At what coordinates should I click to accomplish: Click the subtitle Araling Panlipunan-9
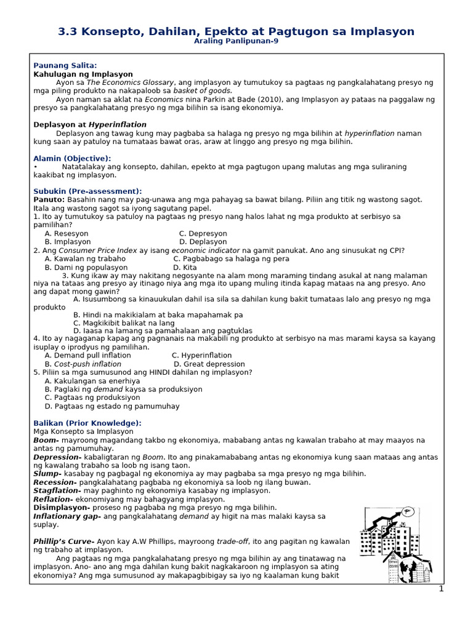coord(236,41)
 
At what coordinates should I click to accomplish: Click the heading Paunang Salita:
coord(65,65)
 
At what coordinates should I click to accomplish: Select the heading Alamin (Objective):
coord(72,158)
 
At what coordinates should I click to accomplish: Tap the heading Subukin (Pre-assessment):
coord(87,191)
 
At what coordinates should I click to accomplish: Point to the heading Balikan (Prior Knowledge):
coord(87,423)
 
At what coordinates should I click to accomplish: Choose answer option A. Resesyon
coord(67,234)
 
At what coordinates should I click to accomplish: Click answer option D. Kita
coord(185,268)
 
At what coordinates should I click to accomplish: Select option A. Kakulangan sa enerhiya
coord(92,381)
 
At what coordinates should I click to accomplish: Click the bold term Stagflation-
coord(57,490)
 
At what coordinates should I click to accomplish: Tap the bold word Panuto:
coord(49,200)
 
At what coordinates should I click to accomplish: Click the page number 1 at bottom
coord(441,589)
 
